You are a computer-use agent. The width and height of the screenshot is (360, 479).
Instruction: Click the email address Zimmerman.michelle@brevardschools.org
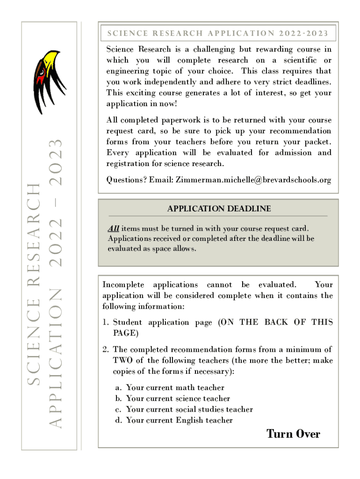click(x=253, y=180)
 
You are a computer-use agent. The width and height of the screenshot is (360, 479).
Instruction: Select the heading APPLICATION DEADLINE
click(x=219, y=209)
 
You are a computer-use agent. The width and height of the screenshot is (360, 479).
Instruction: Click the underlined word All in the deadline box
click(x=114, y=229)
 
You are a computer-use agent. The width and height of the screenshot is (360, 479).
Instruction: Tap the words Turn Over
click(x=293, y=434)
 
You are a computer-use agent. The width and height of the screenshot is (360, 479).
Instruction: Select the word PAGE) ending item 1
click(x=125, y=333)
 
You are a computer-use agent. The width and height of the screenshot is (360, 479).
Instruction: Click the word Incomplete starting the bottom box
click(x=124, y=284)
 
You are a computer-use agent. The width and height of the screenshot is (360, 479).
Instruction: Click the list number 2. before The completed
click(x=106, y=350)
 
